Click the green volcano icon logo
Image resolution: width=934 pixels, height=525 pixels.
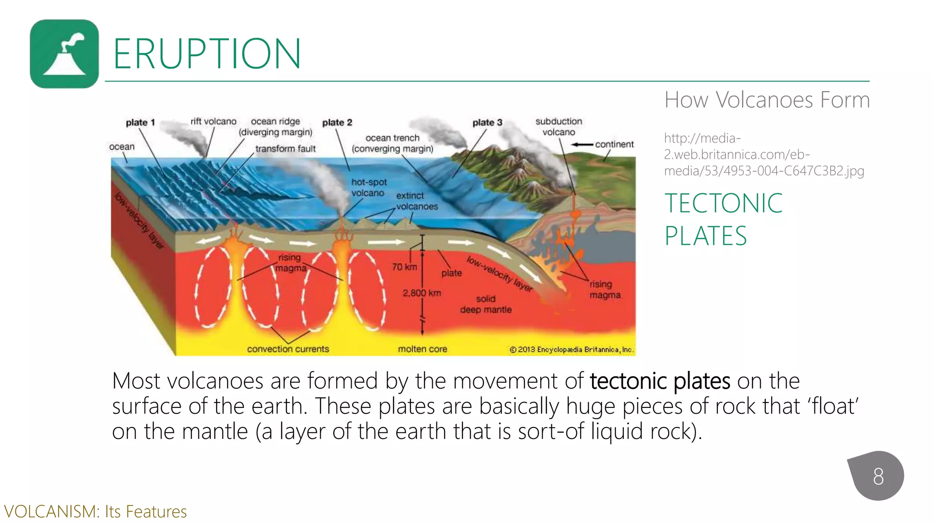[x=64, y=54]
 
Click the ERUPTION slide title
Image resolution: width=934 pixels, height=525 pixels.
[x=207, y=54]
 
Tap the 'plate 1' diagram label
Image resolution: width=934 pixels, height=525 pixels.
[x=140, y=123]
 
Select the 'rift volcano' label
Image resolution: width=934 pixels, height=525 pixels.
[x=213, y=121]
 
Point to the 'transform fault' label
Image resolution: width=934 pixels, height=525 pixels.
[x=285, y=149]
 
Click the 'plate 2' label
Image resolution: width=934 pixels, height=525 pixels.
[x=337, y=123]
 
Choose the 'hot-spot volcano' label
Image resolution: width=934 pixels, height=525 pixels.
[x=368, y=187]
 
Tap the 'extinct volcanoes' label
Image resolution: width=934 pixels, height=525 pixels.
[x=416, y=201]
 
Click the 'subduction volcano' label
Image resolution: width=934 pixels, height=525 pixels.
[x=559, y=127]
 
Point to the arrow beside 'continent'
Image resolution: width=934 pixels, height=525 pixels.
[x=582, y=144]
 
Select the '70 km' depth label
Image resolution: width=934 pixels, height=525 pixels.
[x=405, y=267]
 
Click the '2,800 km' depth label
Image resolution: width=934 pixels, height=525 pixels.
[x=421, y=293]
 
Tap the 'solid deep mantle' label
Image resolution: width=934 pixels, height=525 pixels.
[x=486, y=304]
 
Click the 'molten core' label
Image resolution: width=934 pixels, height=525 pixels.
[x=422, y=349]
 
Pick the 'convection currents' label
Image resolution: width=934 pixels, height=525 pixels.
[x=288, y=349]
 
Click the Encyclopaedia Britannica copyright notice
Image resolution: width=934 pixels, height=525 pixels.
[x=571, y=350]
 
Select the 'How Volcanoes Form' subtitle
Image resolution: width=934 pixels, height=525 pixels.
[x=767, y=100]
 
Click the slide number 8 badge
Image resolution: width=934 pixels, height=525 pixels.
[x=878, y=476]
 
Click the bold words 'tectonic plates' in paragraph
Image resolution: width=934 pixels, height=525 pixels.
[x=660, y=381]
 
